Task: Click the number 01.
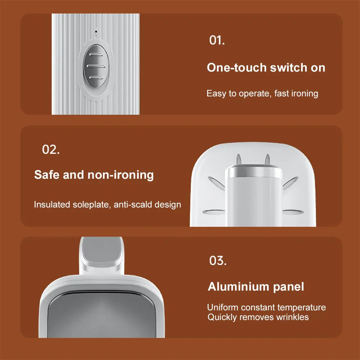click(217, 40)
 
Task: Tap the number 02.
click(51, 150)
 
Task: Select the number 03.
click(218, 261)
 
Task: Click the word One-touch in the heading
click(237, 68)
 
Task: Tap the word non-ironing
click(120, 175)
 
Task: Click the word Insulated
click(52, 204)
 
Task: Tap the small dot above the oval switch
click(96, 31)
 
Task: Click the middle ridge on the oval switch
click(96, 66)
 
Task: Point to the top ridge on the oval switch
click(96, 55)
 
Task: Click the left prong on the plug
click(239, 159)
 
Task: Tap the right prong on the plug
click(267, 159)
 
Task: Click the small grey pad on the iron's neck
click(102, 250)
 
